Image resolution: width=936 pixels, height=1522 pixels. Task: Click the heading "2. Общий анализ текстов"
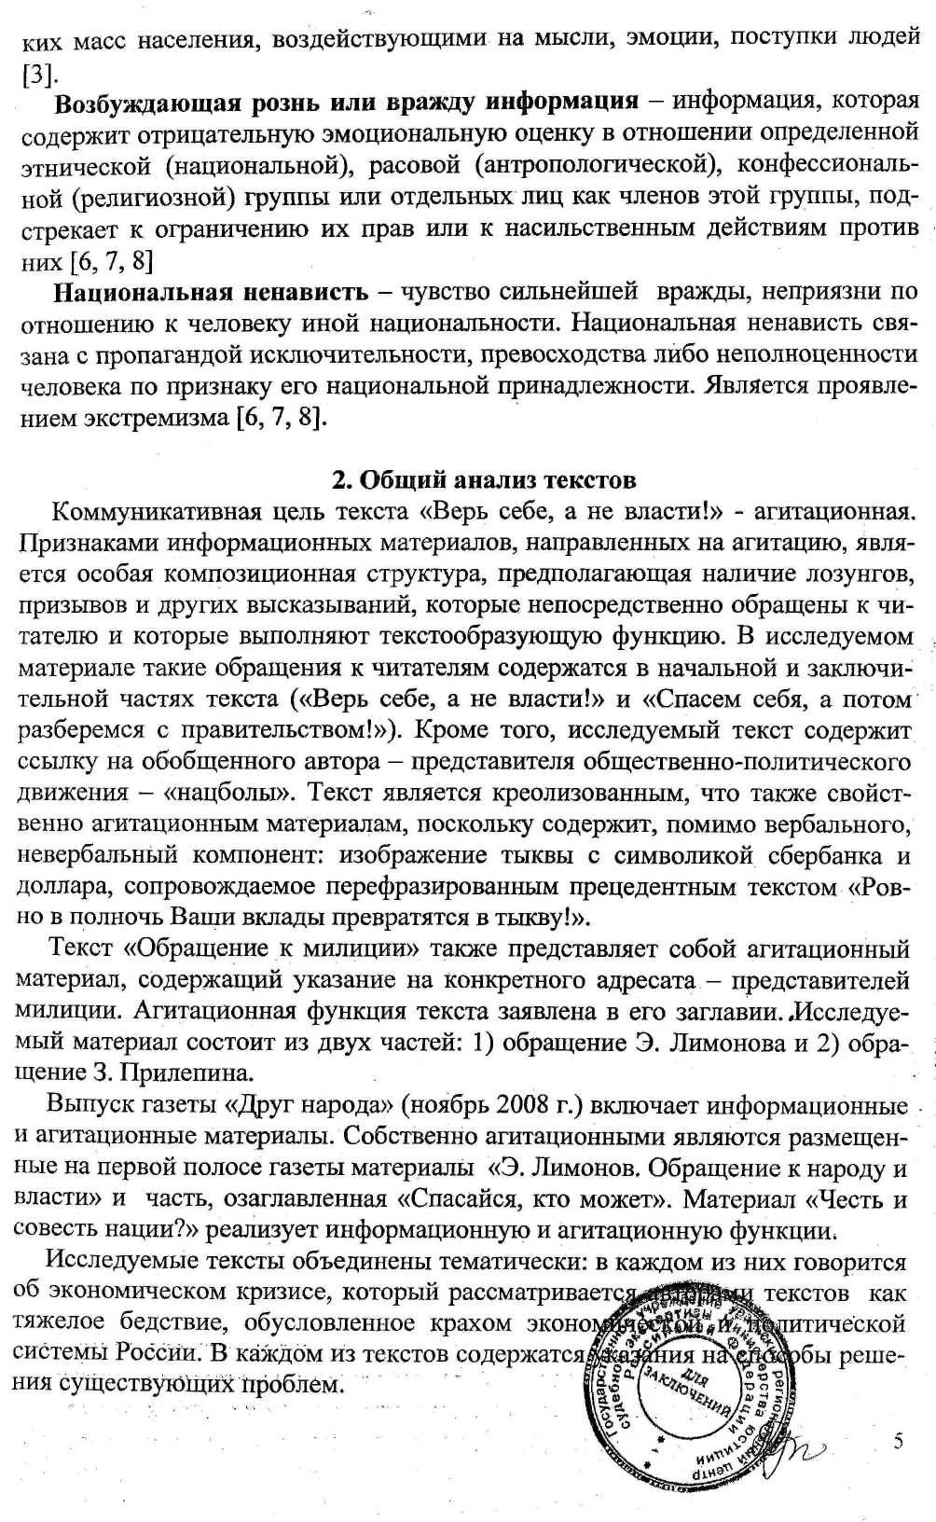coord(484,480)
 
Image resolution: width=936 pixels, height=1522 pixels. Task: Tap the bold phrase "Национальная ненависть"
coord(211,293)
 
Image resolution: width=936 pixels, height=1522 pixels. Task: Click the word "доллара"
coord(64,887)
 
